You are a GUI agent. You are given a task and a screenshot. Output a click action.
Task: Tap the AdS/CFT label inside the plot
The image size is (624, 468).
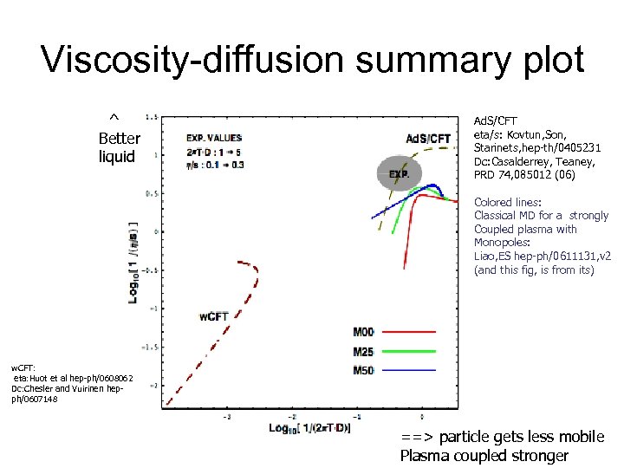(428, 139)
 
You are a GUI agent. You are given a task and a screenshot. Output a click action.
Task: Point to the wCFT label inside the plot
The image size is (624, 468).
(213, 316)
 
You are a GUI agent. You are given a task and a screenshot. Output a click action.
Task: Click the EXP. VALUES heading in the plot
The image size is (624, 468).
(213, 137)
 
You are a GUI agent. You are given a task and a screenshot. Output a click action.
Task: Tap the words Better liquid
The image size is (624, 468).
(117, 147)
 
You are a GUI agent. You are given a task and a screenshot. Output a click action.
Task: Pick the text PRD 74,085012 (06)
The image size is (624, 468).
(523, 175)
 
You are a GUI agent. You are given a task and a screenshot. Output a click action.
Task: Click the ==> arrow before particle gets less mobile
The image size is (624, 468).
(414, 437)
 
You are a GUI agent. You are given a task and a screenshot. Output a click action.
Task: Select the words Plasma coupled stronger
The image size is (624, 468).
(484, 456)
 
